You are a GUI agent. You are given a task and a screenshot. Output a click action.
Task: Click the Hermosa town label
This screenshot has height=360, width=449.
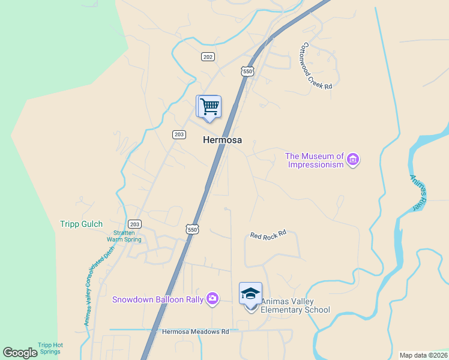click(x=223, y=140)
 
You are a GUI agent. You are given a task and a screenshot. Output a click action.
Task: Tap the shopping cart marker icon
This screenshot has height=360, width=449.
click(x=210, y=107)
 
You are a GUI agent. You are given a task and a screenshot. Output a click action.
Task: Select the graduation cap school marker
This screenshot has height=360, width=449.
click(x=250, y=293)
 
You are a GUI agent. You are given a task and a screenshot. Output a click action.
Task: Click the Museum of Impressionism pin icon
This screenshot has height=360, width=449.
click(x=354, y=160)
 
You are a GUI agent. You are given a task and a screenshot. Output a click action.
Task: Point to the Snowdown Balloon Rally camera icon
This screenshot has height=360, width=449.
click(x=212, y=298)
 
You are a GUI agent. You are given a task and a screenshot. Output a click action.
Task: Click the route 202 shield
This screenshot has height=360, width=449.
click(x=208, y=56)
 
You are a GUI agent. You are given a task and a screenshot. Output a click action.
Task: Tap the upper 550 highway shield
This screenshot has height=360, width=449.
click(x=248, y=71)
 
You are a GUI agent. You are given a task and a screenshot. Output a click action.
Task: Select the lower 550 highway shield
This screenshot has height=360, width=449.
click(x=192, y=229)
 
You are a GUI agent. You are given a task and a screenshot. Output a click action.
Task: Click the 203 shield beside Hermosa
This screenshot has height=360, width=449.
click(x=178, y=134)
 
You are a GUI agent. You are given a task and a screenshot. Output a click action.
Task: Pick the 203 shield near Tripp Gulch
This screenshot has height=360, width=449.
click(x=135, y=224)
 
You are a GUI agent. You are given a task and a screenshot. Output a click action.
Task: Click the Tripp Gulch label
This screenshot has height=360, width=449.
click(x=81, y=224)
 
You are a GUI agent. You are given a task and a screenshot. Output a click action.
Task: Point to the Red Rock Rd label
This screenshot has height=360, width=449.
click(x=268, y=236)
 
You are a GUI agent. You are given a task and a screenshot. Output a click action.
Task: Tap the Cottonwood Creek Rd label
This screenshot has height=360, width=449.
click(x=317, y=66)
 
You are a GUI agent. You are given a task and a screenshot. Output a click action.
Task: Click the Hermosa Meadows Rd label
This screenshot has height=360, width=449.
click(x=196, y=331)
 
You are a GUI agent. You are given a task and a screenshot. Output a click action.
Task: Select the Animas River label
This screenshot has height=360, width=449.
click(x=418, y=192)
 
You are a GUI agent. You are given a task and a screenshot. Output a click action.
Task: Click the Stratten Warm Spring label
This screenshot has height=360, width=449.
click(x=124, y=236)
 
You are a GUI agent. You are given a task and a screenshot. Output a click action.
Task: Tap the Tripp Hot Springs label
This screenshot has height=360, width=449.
click(x=50, y=348)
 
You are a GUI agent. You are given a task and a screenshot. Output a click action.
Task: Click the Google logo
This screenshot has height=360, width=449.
click(x=20, y=353)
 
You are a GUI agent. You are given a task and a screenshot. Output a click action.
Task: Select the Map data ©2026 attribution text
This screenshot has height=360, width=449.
click(x=423, y=355)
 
